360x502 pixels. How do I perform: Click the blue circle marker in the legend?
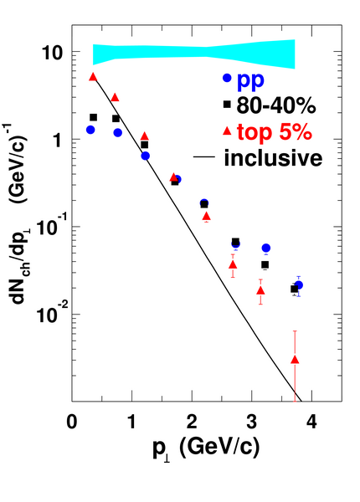tap(227, 78)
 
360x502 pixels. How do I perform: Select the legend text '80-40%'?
tap(276, 105)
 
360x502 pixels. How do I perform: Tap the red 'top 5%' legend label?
tap(275, 131)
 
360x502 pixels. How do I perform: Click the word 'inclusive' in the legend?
tap(273, 157)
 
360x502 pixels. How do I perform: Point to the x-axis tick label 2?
tap(192, 422)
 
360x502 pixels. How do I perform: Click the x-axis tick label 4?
tap(311, 422)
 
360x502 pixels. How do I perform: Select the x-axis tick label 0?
tap(72, 422)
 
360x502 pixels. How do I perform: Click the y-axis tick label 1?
tap(58, 140)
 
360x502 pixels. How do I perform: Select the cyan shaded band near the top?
tap(193, 54)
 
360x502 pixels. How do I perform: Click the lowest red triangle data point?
tap(295, 360)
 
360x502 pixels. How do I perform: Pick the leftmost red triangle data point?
tap(93, 76)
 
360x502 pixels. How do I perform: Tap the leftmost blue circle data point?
tap(90, 130)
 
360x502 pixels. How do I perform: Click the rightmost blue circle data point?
tap(299, 285)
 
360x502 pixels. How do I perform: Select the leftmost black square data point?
tap(93, 117)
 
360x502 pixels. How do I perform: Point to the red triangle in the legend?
tap(227, 131)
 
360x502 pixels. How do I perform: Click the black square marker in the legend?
tap(227, 104)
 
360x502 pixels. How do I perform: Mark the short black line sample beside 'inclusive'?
tap(203, 157)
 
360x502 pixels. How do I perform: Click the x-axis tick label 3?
tap(252, 422)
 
